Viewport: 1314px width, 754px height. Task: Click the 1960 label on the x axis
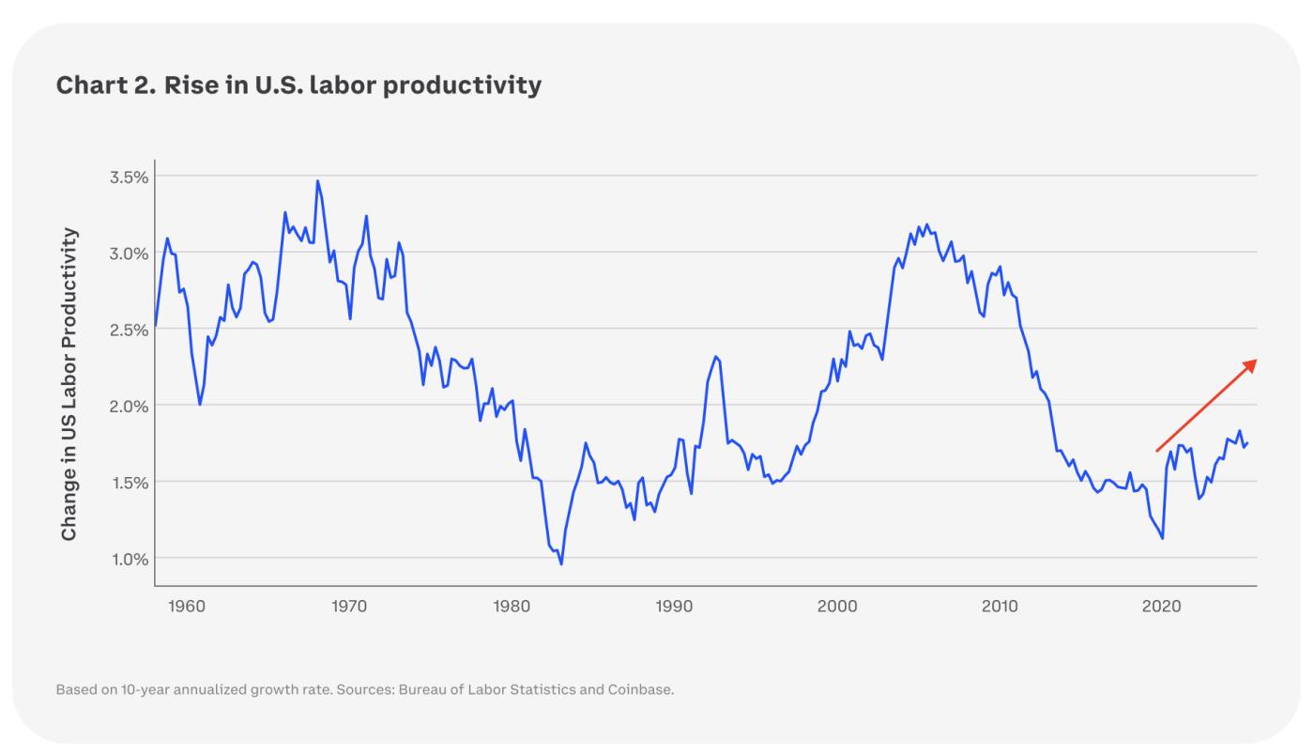pyautogui.click(x=186, y=607)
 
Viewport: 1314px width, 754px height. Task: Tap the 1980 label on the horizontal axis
pyautogui.click(x=512, y=607)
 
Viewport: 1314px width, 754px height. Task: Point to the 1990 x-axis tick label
pyautogui.click(x=674, y=607)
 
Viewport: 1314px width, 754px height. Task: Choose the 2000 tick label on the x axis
pyautogui.click(x=837, y=607)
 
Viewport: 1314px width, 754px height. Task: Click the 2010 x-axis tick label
pyautogui.click(x=1000, y=607)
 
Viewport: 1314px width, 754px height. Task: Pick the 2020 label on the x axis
pyautogui.click(x=1162, y=607)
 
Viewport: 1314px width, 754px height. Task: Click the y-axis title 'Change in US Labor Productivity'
pyautogui.click(x=69, y=383)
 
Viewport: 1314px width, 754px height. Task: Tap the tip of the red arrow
pyautogui.click(x=1255, y=361)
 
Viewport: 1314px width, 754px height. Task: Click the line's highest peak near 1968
pyautogui.click(x=317, y=181)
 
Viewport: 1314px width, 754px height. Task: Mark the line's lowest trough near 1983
pyautogui.click(x=561, y=563)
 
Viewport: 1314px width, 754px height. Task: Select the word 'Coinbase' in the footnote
pyautogui.click(x=641, y=689)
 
